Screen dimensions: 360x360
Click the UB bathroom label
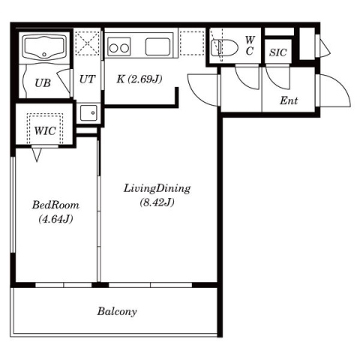click(x=43, y=83)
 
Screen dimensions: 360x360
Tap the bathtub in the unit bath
click(x=44, y=47)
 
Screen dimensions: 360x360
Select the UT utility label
click(x=87, y=79)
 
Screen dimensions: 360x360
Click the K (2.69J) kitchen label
click(x=139, y=79)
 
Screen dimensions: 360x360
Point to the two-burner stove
click(x=119, y=46)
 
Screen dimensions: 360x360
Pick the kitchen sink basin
click(x=157, y=46)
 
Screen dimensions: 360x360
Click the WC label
click(x=250, y=46)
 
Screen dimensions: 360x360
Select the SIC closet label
click(x=277, y=52)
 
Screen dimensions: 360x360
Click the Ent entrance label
click(x=289, y=100)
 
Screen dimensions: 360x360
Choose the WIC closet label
click(x=45, y=130)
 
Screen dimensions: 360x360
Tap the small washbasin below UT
click(x=88, y=113)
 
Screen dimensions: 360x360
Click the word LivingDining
click(x=157, y=189)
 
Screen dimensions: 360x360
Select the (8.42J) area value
click(x=157, y=202)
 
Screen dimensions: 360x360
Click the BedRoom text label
click(x=55, y=205)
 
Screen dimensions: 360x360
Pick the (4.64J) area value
click(x=55, y=219)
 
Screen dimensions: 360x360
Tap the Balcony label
click(x=117, y=312)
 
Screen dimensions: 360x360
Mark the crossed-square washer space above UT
click(x=87, y=43)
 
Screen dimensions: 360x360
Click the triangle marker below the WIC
click(x=37, y=154)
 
